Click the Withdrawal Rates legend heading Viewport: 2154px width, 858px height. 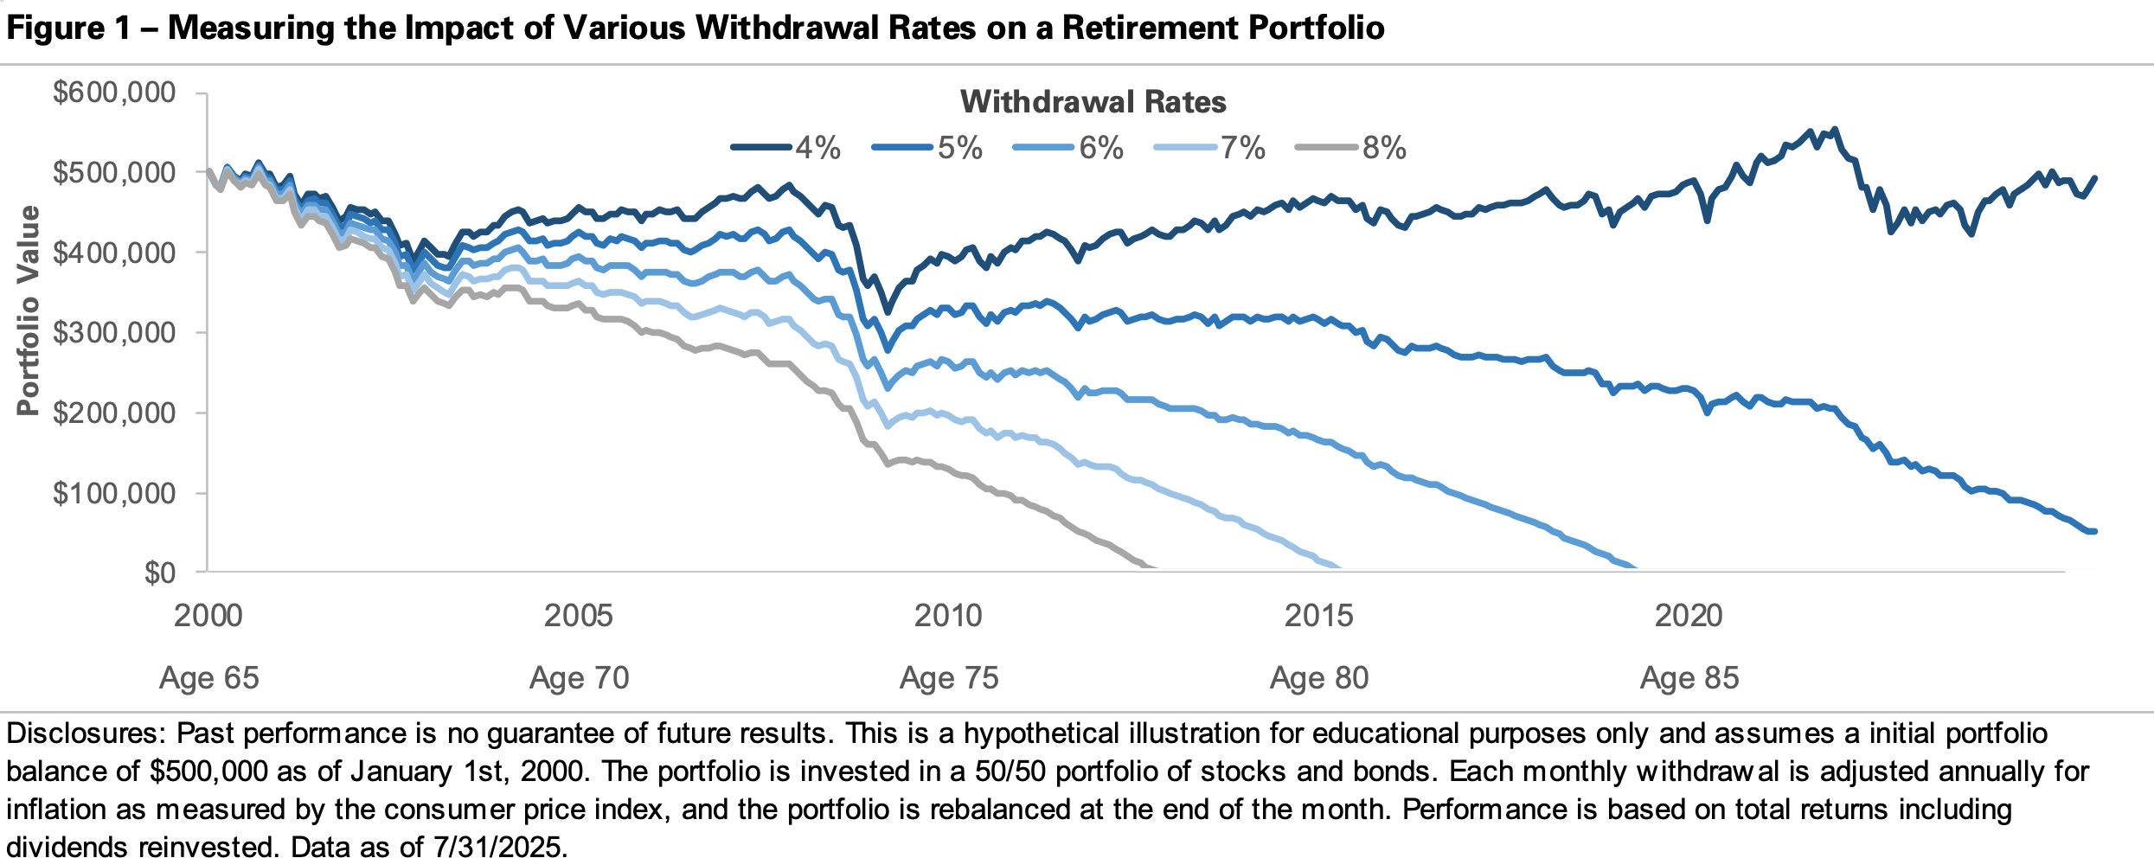pos(1093,102)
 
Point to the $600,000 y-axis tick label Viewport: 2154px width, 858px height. pos(114,92)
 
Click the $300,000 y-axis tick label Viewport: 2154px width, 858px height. pos(114,332)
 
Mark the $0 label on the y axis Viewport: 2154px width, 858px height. pos(159,573)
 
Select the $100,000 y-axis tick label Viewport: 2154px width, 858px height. pos(114,493)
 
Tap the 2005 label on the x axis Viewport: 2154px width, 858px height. pos(578,616)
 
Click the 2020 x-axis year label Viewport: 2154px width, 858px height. pos(1689,616)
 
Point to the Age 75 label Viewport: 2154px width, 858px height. pos(949,678)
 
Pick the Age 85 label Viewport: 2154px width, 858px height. pos(1689,678)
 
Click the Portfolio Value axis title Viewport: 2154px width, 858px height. pos(29,311)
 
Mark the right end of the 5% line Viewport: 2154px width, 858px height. pos(2087,531)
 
